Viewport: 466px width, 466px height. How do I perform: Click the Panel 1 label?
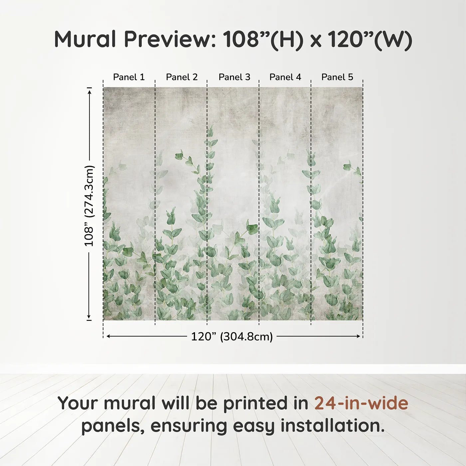[x=129, y=77]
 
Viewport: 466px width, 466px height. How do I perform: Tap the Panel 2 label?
[x=182, y=77]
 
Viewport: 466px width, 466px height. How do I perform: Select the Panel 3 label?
[x=234, y=77]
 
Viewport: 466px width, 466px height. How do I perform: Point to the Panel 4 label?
[x=285, y=77]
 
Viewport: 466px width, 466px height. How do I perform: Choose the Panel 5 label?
[x=337, y=77]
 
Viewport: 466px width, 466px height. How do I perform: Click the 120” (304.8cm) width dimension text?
[x=232, y=337]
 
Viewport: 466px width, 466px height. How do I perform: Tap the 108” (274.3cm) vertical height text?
[x=89, y=206]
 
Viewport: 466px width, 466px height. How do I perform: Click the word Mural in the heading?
[x=85, y=39]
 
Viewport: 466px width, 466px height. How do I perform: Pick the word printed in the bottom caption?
[x=266, y=404]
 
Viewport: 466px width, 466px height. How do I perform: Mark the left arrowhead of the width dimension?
[x=109, y=337]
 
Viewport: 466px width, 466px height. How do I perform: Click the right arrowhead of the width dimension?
[x=358, y=337]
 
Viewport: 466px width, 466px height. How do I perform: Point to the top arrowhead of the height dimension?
[x=90, y=92]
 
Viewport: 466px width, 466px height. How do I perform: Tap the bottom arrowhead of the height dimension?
[x=89, y=316]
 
